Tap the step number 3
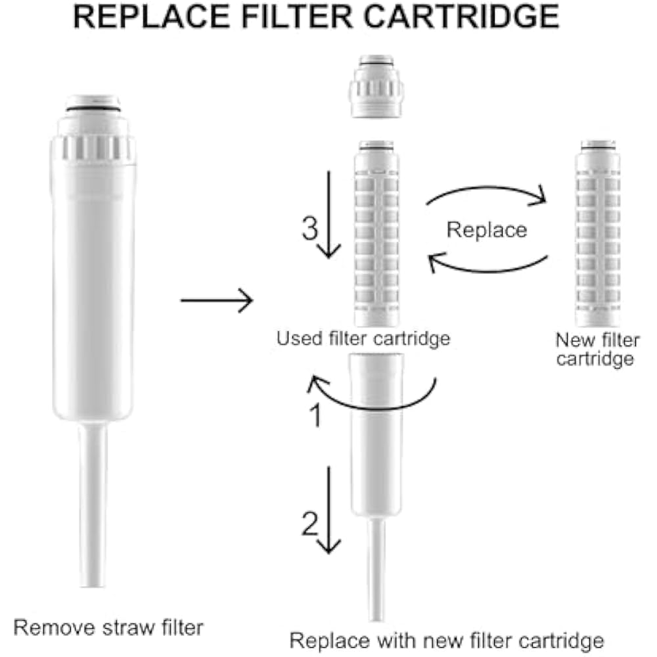[x=309, y=229]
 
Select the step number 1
[x=315, y=416]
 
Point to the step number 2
[x=310, y=524]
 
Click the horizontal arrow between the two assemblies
[x=216, y=300]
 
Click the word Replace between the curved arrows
[x=487, y=229]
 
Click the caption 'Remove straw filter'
[x=108, y=627]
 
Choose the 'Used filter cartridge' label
[x=363, y=338]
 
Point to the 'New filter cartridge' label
[x=597, y=350]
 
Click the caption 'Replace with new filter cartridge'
[x=447, y=640]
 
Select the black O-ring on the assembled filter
[x=93, y=106]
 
